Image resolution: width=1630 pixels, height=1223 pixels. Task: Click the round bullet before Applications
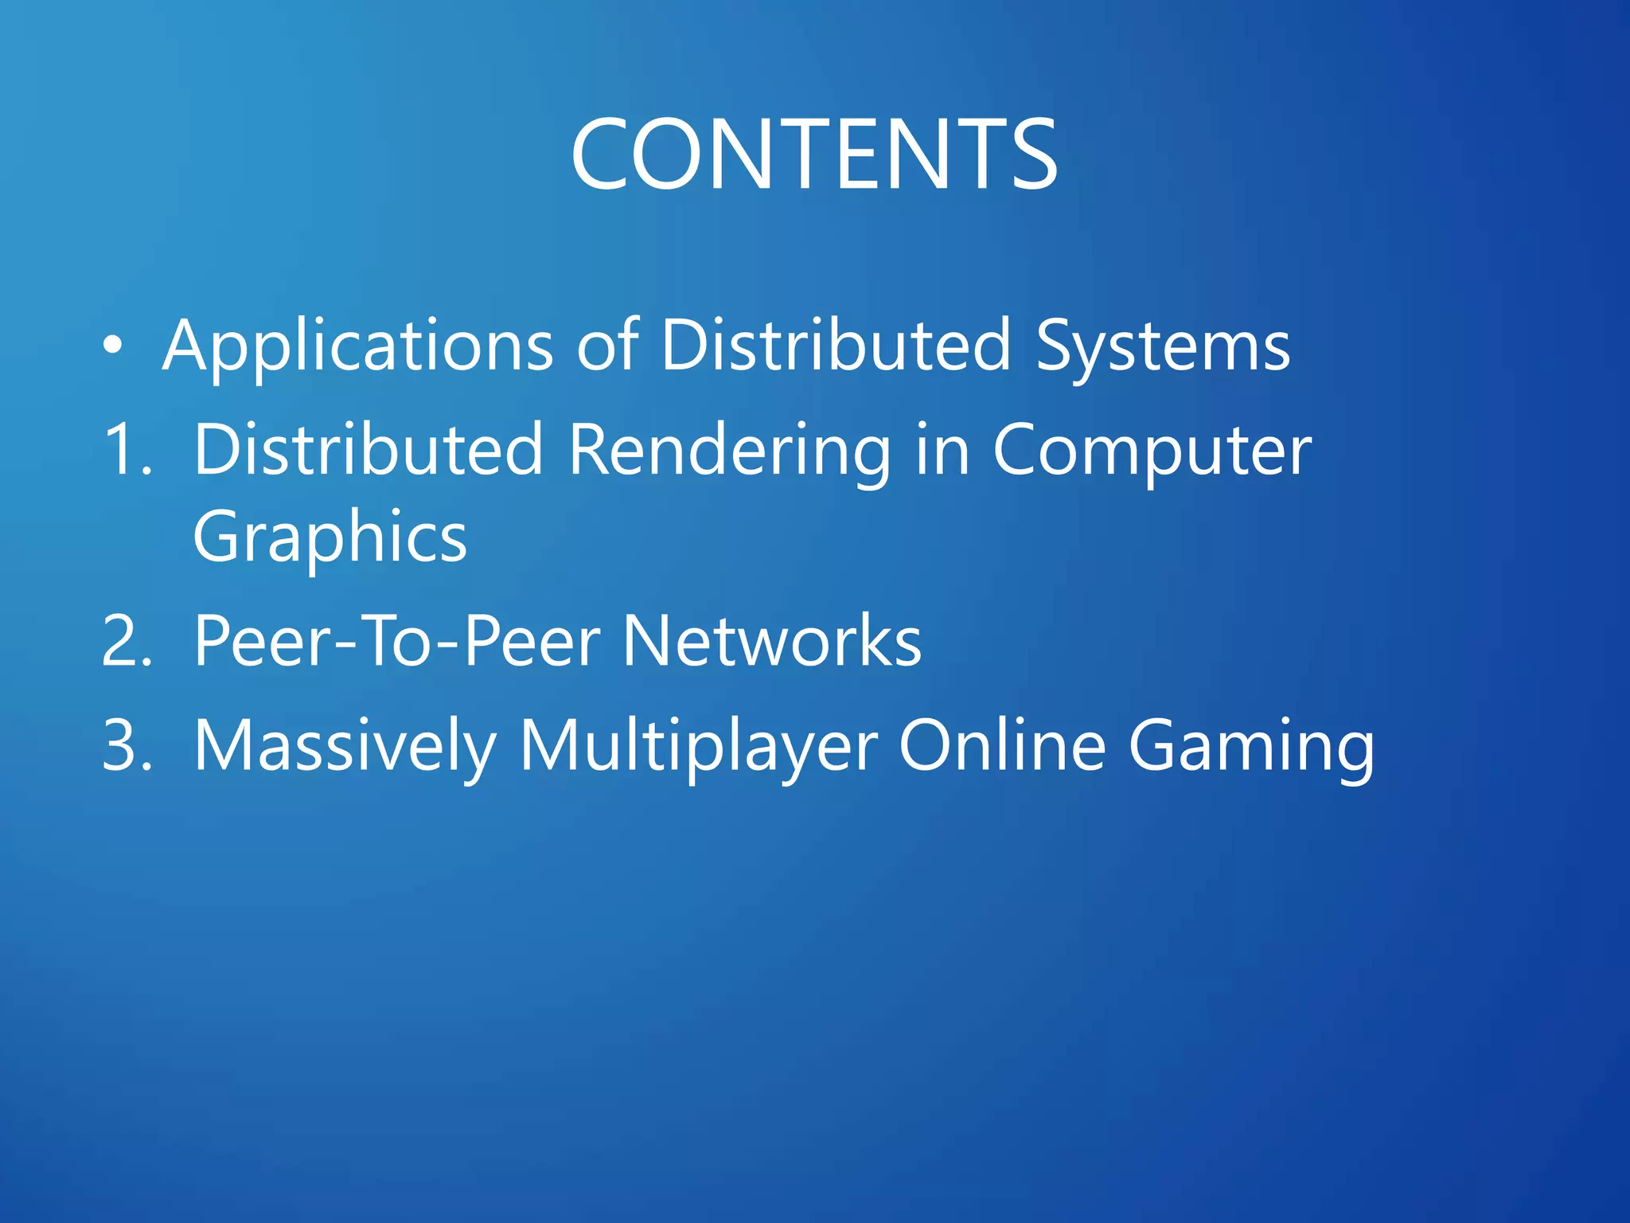(113, 346)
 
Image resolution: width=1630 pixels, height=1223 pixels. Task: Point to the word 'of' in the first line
(607, 346)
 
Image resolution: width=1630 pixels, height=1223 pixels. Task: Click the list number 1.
(127, 450)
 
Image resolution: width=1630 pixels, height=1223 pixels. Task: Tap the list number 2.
(127, 641)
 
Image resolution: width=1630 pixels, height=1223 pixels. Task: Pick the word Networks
(771, 641)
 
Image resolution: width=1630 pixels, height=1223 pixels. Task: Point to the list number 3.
(127, 745)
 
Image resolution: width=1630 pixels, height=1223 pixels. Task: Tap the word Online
(1002, 745)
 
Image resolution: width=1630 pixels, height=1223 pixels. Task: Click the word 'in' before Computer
(942, 450)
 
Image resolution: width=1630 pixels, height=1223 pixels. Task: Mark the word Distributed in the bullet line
(836, 346)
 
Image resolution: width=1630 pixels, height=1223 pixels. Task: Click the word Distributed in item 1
(369, 450)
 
